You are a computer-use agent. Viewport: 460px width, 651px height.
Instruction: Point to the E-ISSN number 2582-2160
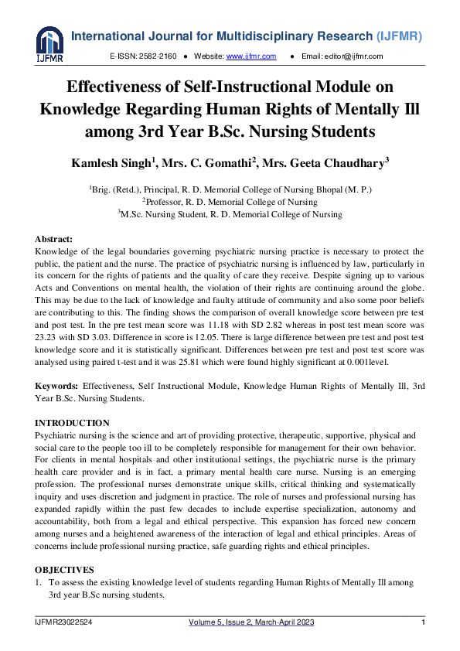click(x=158, y=56)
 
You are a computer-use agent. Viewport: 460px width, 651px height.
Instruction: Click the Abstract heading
click(x=55, y=240)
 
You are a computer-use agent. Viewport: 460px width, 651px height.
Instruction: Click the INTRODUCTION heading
click(x=73, y=423)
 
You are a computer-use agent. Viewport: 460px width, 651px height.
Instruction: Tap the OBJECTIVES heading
click(x=66, y=569)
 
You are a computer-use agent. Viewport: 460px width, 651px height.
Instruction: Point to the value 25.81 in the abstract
click(x=222, y=360)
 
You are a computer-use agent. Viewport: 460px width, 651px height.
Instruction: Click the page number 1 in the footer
click(x=423, y=623)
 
